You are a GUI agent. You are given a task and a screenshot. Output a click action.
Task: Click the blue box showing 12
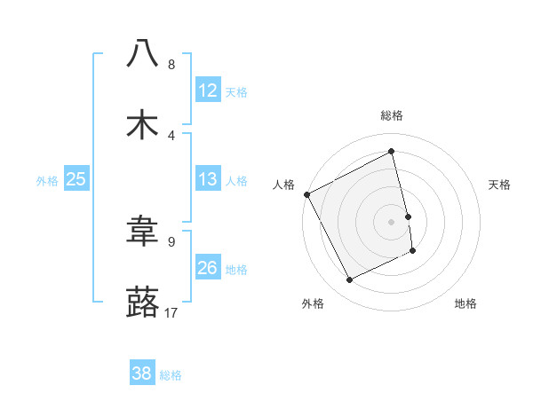(x=208, y=90)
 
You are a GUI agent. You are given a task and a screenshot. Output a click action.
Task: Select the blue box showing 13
(x=208, y=180)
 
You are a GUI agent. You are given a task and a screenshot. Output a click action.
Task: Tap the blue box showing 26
(x=208, y=268)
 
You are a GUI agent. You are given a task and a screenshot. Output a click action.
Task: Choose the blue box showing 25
(x=76, y=180)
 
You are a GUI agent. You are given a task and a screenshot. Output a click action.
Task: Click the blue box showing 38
(x=142, y=374)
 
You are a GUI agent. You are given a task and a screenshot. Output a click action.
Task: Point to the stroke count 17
(x=171, y=312)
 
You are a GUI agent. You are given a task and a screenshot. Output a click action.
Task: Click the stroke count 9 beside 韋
(x=171, y=240)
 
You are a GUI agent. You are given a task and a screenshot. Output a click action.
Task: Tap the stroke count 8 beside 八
(x=171, y=65)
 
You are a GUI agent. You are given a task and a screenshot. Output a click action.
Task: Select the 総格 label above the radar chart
(x=391, y=115)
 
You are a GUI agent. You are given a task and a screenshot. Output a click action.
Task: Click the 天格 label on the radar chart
(x=499, y=185)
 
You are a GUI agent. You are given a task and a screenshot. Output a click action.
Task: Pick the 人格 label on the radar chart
(x=283, y=185)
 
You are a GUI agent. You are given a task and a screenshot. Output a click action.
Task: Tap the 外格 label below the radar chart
(x=314, y=303)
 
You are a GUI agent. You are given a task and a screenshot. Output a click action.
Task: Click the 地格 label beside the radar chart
(x=465, y=303)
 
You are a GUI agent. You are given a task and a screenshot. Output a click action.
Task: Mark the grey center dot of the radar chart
(x=391, y=221)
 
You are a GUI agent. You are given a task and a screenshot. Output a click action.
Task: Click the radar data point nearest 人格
(x=306, y=194)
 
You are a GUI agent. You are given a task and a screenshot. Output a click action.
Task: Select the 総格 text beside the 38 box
(x=171, y=375)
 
